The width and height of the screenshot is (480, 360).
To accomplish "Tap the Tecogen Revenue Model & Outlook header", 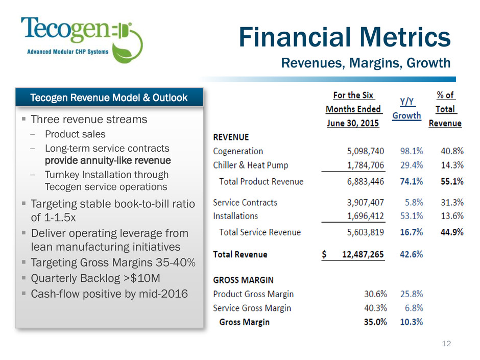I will pos(109,98).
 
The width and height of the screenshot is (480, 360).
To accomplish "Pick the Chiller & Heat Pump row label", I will pos(250,165).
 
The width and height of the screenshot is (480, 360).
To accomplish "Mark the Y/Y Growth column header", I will pos(406,109).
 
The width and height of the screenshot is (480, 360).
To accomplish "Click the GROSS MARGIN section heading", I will pos(243,280).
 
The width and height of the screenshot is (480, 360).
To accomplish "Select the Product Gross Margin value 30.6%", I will pos(373,294).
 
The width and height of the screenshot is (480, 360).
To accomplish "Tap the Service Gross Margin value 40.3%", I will pos(373,308).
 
